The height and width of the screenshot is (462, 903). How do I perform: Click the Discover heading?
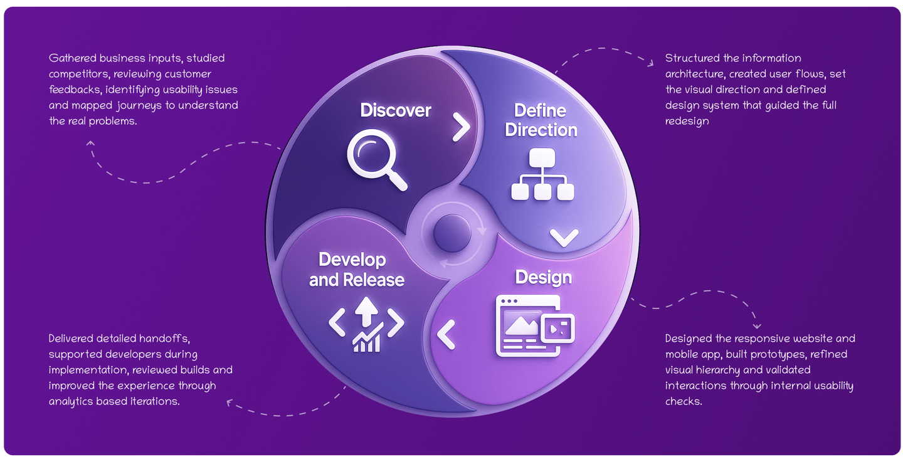(396, 111)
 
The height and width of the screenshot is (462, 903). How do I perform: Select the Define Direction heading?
(541, 120)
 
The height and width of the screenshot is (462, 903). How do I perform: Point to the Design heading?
(543, 277)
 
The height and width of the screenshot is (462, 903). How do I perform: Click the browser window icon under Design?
(534, 326)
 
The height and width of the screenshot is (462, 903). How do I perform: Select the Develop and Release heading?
(356, 270)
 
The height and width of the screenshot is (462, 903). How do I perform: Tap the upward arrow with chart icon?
(366, 324)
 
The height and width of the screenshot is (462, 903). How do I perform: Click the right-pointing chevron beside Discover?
(462, 128)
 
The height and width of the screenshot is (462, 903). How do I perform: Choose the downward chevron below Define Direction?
(564, 238)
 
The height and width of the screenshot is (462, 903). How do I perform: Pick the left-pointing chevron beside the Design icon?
(446, 334)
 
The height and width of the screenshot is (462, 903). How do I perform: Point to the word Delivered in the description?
(71, 339)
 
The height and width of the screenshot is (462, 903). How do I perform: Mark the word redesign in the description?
(687, 121)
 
